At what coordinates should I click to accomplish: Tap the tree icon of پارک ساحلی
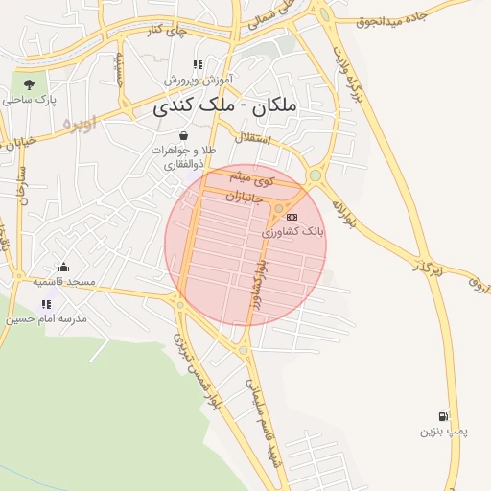click(x=29, y=82)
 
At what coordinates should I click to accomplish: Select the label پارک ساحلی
click(x=30, y=99)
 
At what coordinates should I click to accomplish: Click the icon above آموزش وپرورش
click(x=198, y=64)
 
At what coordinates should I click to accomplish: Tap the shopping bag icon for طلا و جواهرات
click(x=183, y=135)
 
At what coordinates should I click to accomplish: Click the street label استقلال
click(x=279, y=140)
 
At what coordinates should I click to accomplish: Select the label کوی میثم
click(x=256, y=179)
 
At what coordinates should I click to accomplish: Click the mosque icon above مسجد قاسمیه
click(x=63, y=267)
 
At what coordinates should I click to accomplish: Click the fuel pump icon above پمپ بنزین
click(x=442, y=416)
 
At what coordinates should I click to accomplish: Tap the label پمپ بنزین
click(x=443, y=432)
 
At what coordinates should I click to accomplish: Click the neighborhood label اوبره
click(x=81, y=125)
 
